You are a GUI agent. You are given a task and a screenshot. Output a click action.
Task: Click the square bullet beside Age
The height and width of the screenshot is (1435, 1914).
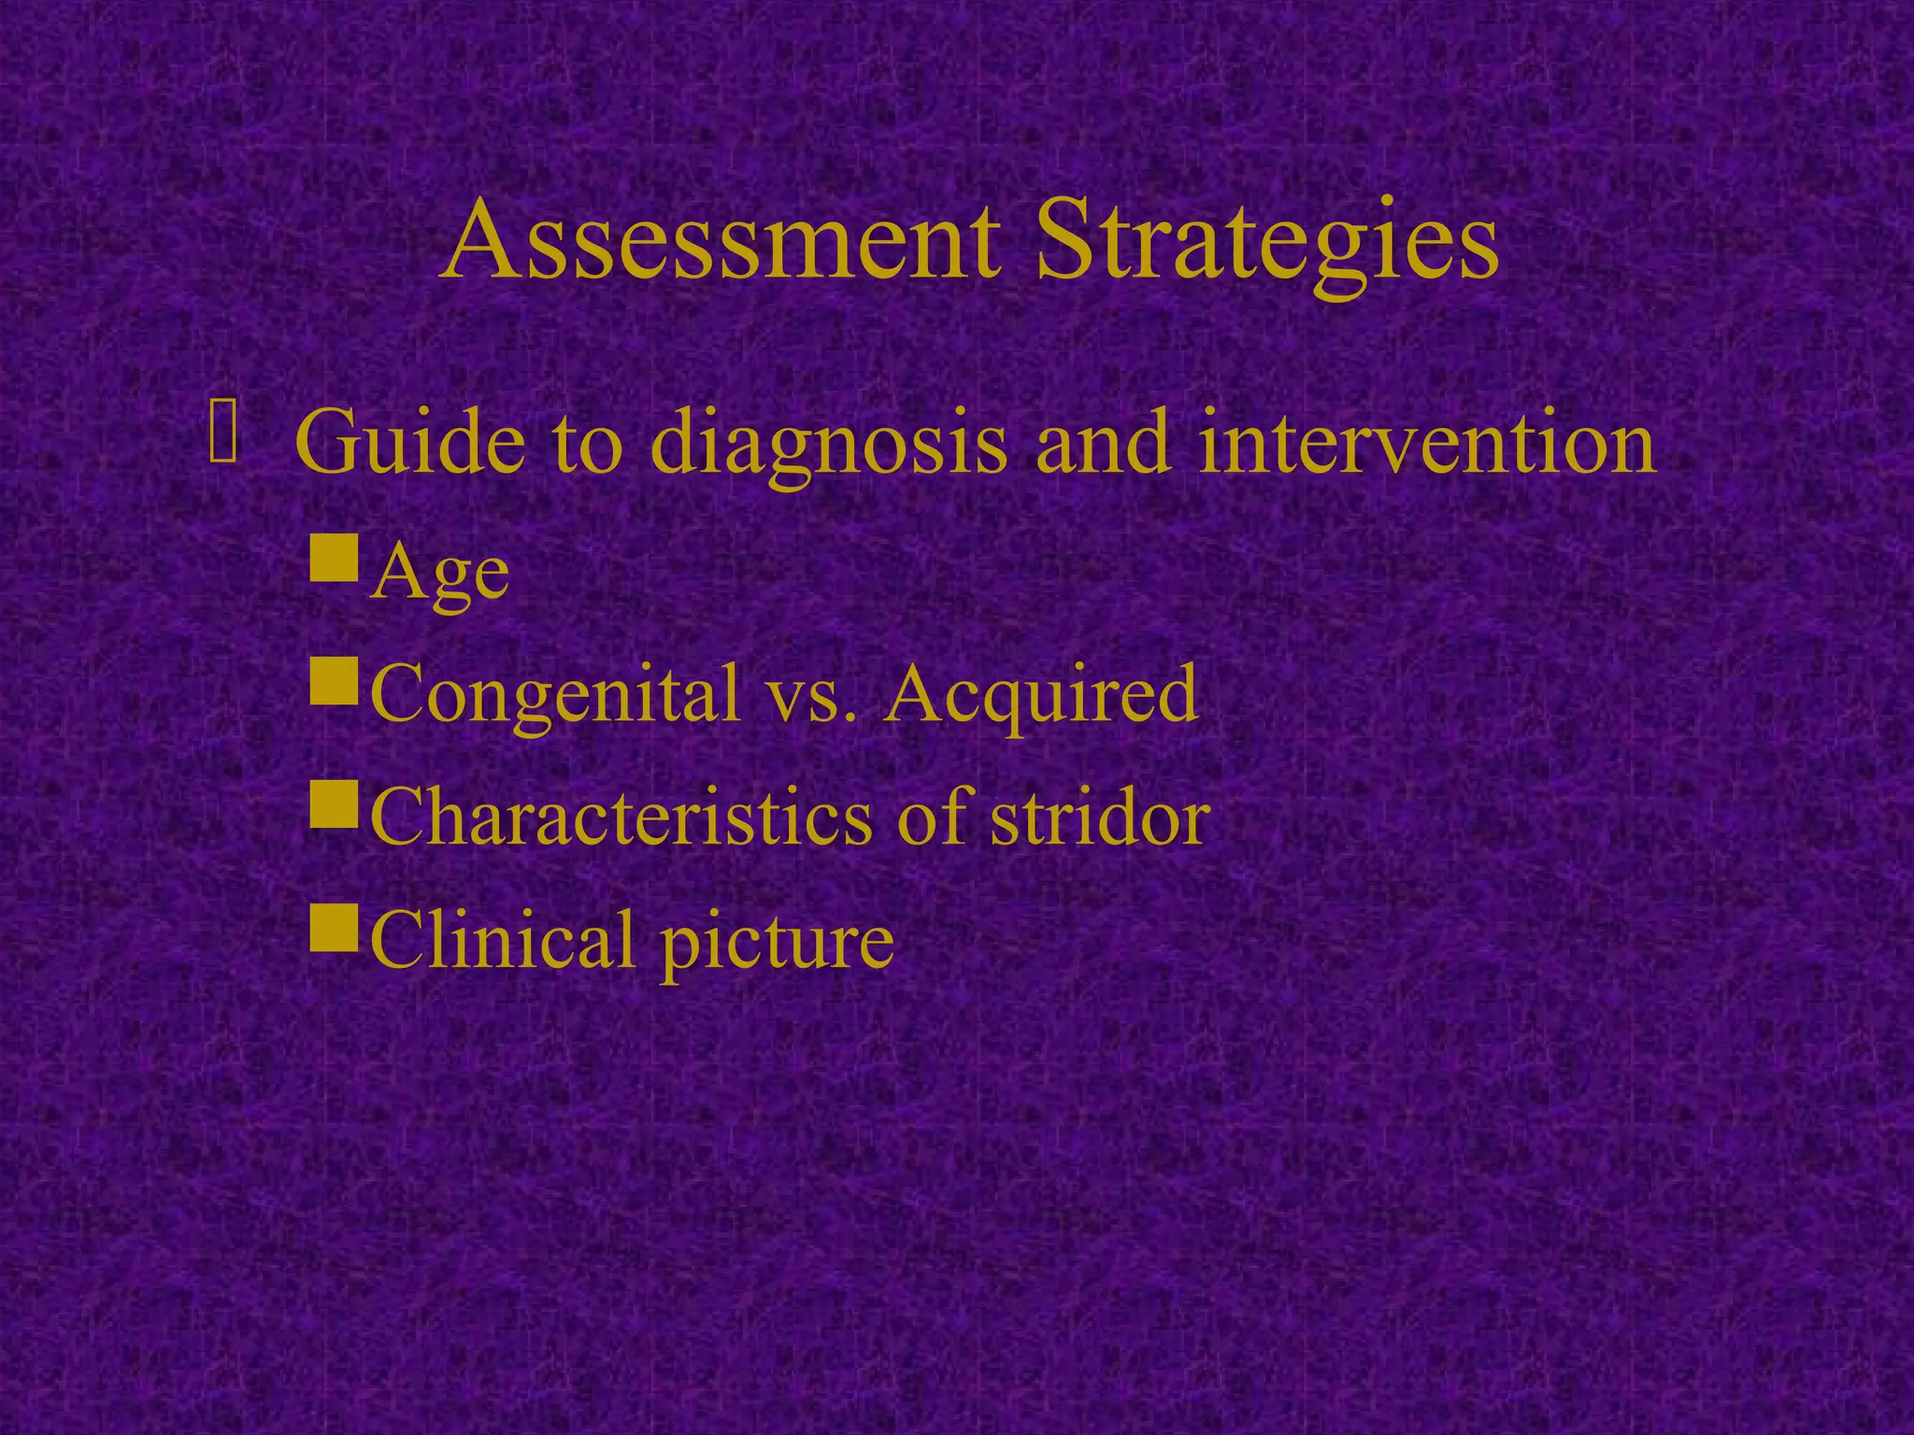[x=334, y=557]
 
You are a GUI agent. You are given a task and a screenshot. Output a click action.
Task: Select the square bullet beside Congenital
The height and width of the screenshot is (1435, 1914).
[x=334, y=680]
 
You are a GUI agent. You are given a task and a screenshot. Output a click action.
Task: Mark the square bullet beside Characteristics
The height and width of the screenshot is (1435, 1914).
[x=334, y=803]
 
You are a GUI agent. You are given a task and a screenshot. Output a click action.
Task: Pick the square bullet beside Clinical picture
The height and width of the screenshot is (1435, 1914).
[x=334, y=926]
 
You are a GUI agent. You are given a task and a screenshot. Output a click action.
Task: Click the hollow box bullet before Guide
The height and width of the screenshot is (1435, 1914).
[x=224, y=431]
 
